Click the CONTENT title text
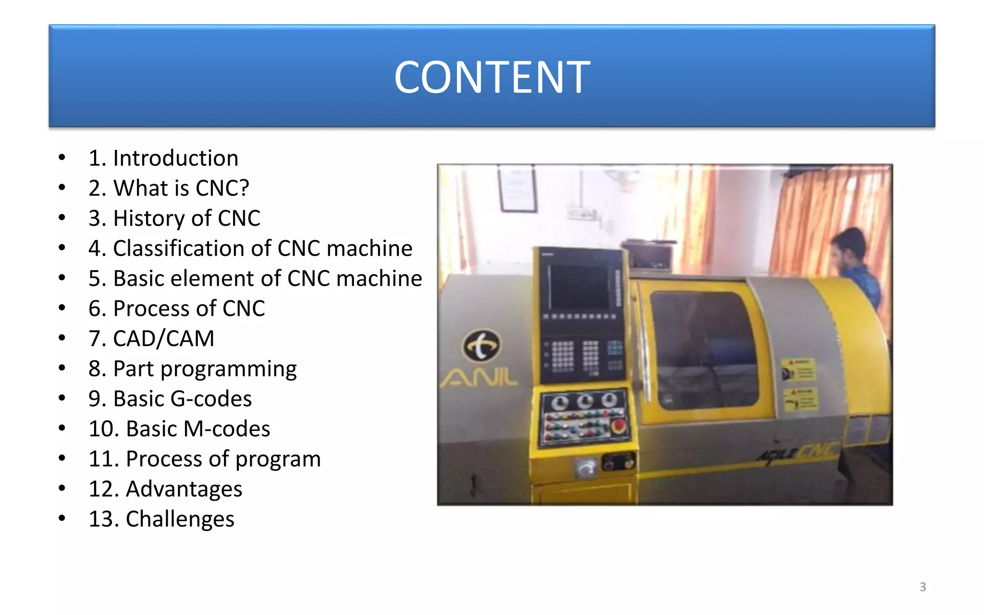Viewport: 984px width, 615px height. (492, 77)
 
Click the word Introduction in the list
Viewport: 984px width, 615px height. (175, 158)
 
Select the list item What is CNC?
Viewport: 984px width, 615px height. (169, 188)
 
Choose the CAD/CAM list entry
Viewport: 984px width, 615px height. (151, 339)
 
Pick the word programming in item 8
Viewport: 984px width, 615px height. (228, 369)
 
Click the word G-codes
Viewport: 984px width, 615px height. (211, 399)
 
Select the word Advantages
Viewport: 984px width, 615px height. (184, 489)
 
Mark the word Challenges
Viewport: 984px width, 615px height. (180, 519)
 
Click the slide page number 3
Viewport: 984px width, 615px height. (922, 587)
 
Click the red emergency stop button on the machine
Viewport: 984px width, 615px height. (618, 426)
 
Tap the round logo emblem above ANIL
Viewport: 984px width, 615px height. (481, 345)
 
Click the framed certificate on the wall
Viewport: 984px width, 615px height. (517, 188)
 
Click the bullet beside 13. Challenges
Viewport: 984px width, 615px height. (61, 518)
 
